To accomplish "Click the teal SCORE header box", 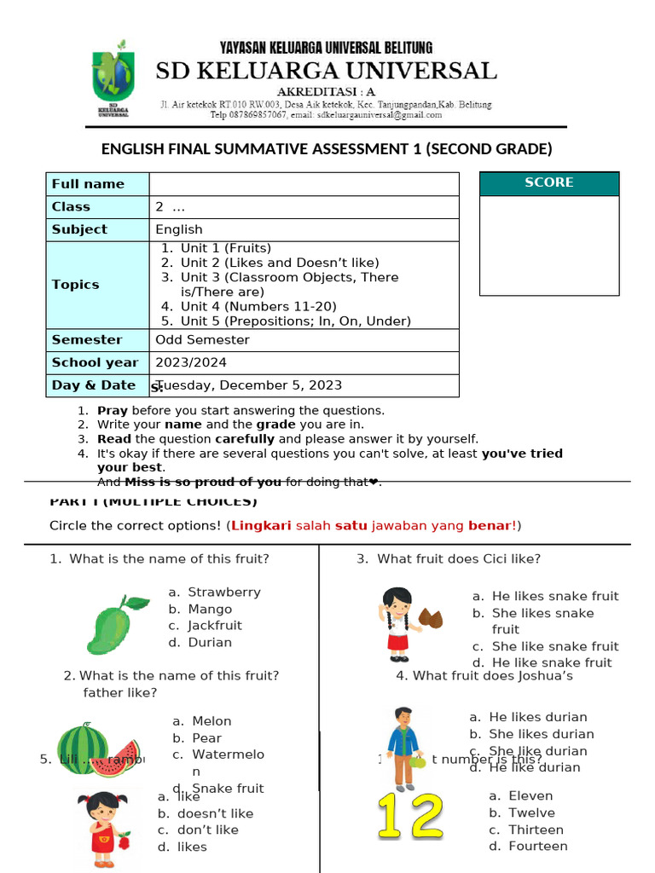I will click(x=549, y=183).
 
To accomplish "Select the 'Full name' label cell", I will click(x=88, y=184).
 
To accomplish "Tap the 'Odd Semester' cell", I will click(x=203, y=340).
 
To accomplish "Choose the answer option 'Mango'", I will click(x=210, y=610).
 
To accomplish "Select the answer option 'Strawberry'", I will click(x=223, y=593).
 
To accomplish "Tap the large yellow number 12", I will click(x=411, y=817).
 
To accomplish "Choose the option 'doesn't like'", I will click(x=215, y=814).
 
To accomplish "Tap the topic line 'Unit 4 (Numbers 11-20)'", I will click(x=258, y=307).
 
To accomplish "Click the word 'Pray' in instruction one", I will click(x=113, y=411).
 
